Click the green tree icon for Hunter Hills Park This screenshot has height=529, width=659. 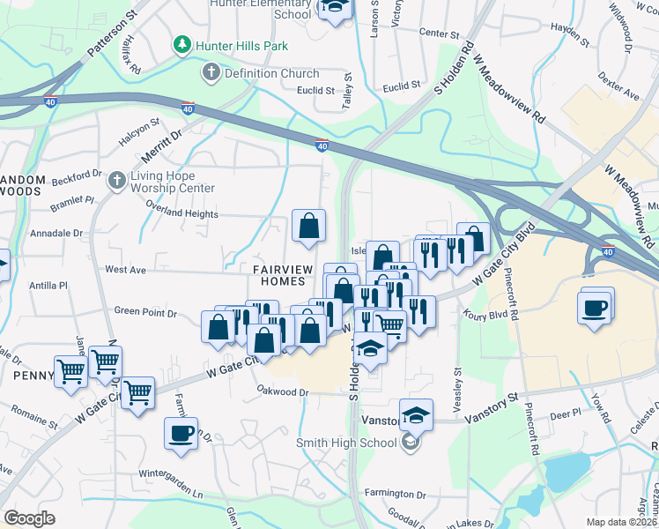[x=182, y=43]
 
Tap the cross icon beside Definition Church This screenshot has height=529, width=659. [x=211, y=72]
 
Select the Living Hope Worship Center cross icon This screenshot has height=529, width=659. [x=115, y=182]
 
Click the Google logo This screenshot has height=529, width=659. [x=29, y=518]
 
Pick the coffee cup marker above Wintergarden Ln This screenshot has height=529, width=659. [x=181, y=433]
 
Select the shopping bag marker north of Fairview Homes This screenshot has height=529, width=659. [x=309, y=227]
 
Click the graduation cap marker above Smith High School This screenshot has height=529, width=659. [x=416, y=414]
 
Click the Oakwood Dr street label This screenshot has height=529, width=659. [x=283, y=391]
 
